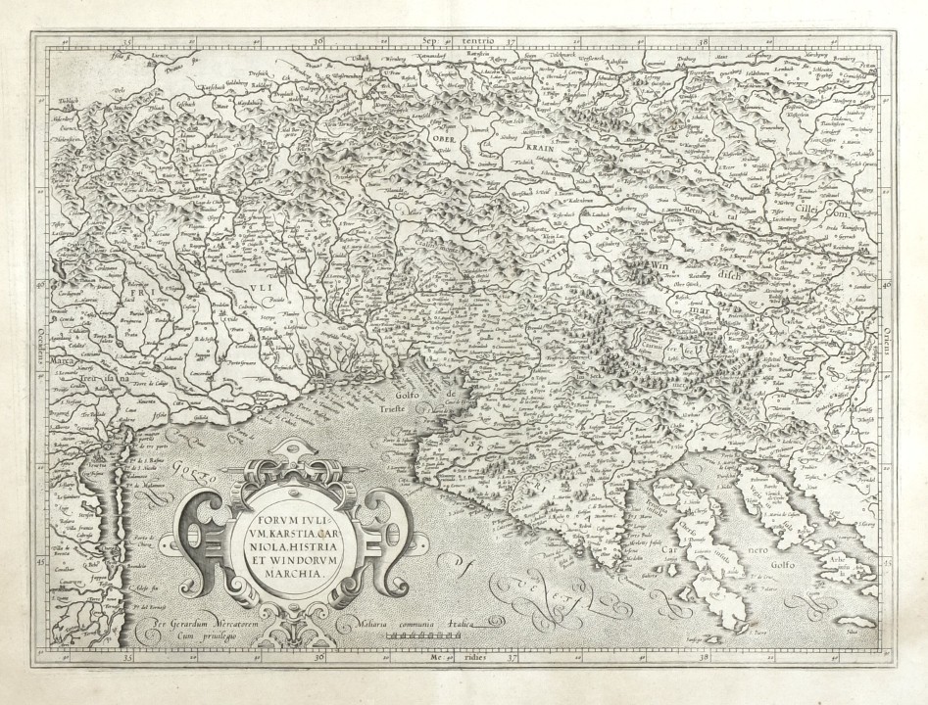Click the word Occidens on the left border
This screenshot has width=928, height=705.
[x=39, y=327]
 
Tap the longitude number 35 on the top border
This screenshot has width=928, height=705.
[x=130, y=41]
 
